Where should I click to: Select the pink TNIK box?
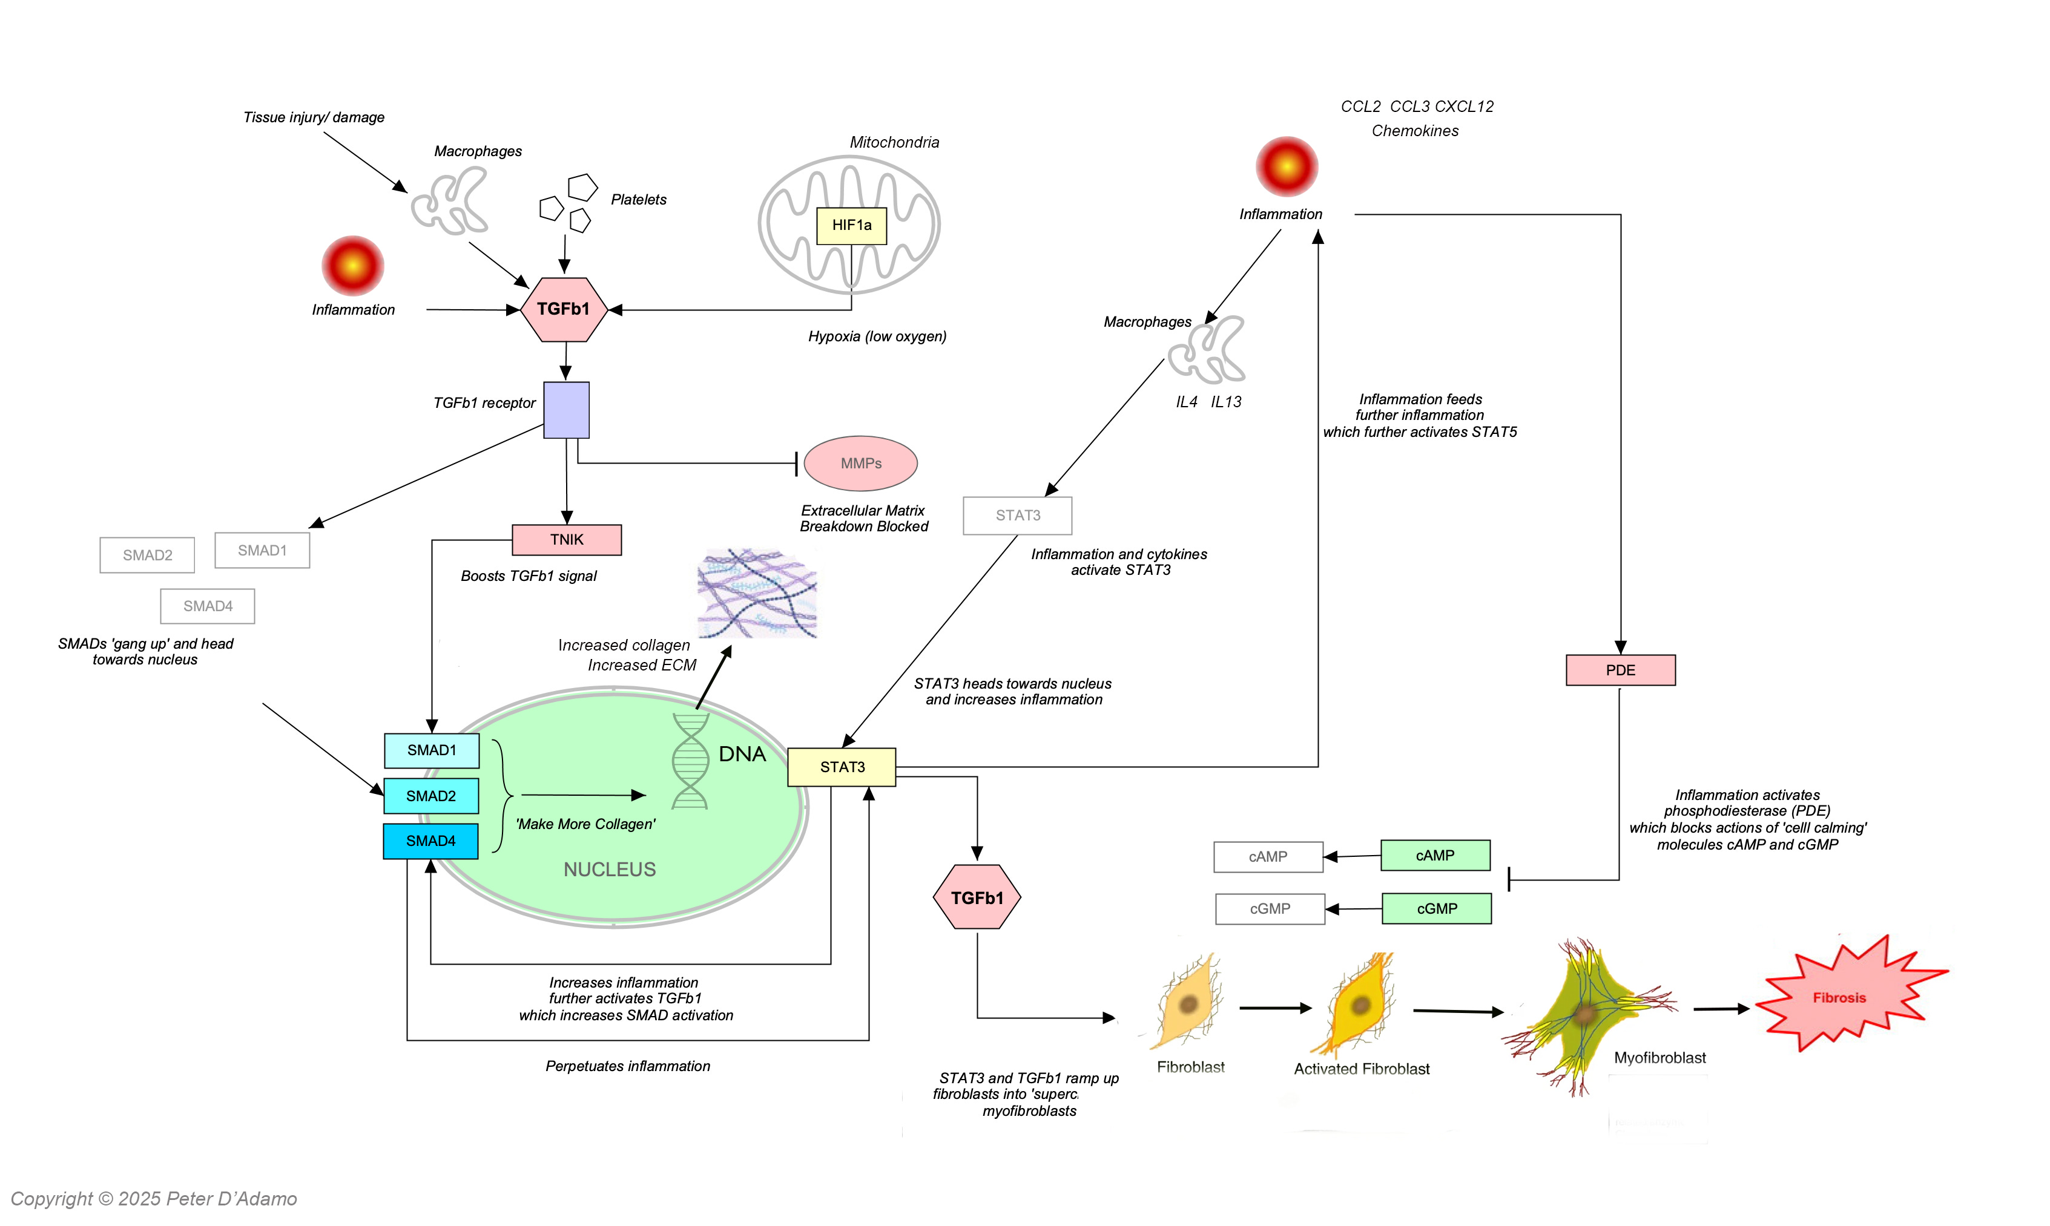tap(566, 539)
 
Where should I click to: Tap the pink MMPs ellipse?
tap(860, 464)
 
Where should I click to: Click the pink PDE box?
tap(1620, 670)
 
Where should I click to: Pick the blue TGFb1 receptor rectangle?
tap(566, 410)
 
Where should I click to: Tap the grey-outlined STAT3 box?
tap(1017, 516)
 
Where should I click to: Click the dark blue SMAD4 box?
tap(430, 841)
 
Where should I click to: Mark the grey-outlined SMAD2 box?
tap(147, 555)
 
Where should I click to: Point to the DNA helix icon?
tap(690, 761)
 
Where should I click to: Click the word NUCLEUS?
tap(609, 869)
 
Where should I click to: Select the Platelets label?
tap(638, 200)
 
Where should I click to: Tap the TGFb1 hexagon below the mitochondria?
tap(564, 309)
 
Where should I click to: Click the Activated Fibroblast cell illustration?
tap(1359, 1004)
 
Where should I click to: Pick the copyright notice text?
tap(154, 1199)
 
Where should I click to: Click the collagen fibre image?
tap(756, 593)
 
